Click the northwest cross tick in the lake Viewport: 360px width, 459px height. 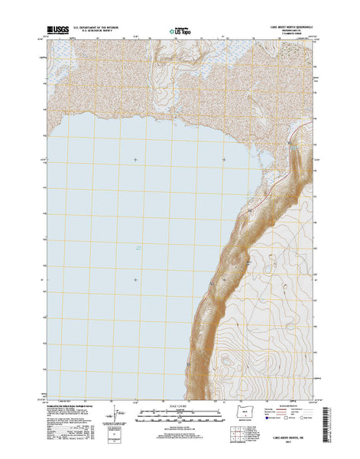[x=136, y=159]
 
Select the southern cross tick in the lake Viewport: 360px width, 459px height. [x=136, y=278]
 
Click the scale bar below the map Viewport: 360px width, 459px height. [x=179, y=418]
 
